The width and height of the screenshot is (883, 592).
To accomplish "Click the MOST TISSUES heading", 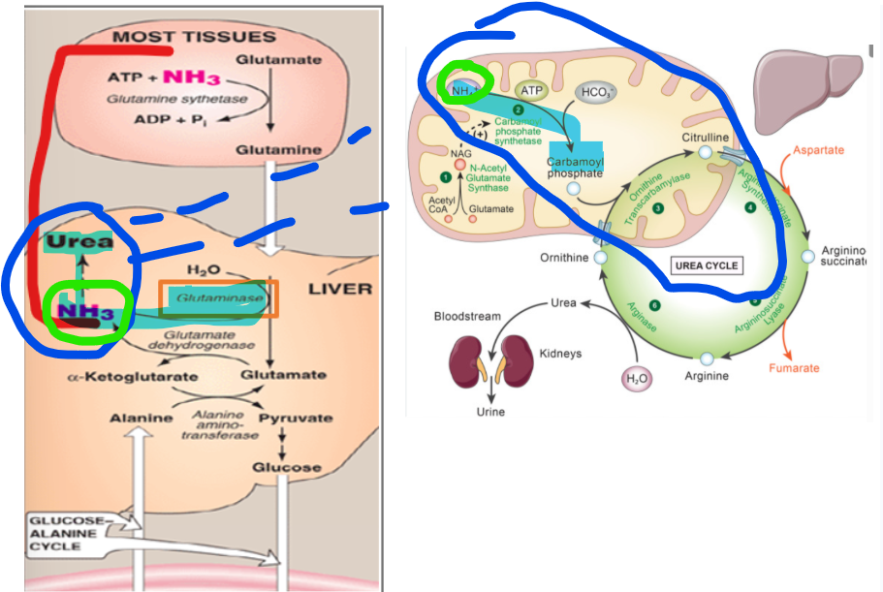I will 194,38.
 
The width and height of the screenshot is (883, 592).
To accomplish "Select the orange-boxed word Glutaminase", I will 218,300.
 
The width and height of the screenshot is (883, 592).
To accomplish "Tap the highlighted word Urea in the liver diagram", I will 78,240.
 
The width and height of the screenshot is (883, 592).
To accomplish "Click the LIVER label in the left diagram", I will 339,289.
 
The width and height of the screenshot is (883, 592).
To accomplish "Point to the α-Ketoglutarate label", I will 119,376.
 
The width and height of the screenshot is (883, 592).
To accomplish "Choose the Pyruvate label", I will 300,419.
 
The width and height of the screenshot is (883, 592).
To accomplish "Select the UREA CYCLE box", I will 707,265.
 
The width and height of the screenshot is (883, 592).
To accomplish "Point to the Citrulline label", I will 706,138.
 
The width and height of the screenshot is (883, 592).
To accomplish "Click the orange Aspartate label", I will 819,150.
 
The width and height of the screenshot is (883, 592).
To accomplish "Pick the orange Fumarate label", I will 794,368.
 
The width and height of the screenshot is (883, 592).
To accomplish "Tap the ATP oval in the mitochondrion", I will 532,90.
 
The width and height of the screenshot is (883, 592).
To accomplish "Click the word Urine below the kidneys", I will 489,411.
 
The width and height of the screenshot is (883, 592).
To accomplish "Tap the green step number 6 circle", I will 654,305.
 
